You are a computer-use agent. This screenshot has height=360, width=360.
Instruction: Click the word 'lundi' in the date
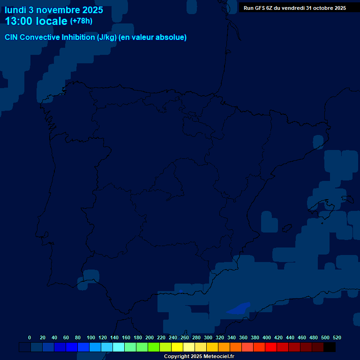click(15, 10)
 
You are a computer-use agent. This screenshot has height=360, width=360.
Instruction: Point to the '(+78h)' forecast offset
click(81, 21)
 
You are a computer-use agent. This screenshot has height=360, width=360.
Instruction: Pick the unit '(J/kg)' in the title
click(107, 37)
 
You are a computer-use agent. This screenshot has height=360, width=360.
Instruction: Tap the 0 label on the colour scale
click(30, 337)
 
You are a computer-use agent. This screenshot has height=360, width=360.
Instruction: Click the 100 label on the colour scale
click(91, 337)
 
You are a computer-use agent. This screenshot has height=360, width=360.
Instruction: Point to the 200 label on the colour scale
click(150, 337)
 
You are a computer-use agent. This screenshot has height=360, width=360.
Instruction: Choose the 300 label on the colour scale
click(208, 337)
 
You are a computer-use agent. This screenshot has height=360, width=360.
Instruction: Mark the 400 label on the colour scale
click(267, 337)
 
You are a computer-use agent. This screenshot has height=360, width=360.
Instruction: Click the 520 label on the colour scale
click(337, 337)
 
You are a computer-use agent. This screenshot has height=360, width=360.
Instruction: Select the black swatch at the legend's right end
click(330, 347)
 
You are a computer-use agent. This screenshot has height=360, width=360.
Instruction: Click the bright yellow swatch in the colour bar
click(177, 347)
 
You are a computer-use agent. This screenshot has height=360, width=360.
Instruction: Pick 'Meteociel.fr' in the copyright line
click(215, 357)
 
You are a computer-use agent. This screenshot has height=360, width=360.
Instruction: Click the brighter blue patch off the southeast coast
click(239, 308)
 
